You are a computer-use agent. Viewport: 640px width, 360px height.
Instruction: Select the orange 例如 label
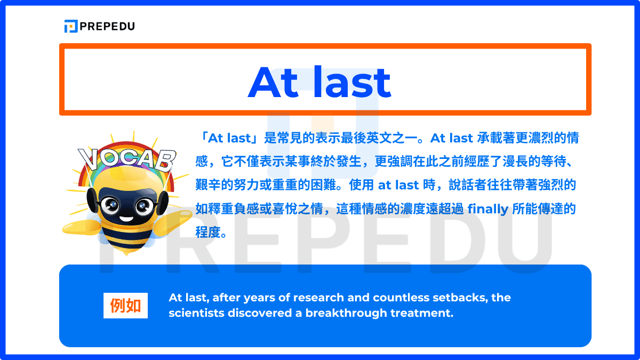[x=125, y=306]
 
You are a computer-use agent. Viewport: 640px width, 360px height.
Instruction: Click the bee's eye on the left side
[x=111, y=204]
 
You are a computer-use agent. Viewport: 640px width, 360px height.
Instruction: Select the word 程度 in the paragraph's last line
[x=207, y=233]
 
